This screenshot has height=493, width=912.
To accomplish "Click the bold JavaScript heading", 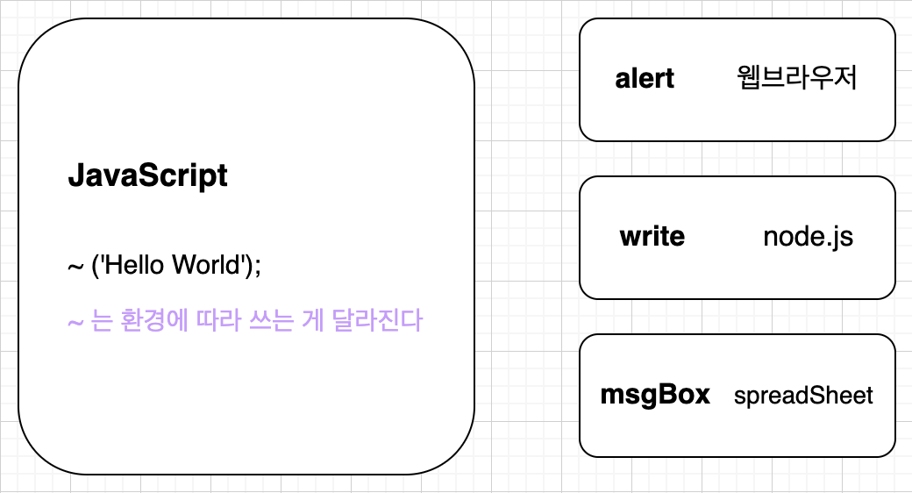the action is (147, 176).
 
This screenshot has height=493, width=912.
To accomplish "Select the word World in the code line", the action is (209, 264).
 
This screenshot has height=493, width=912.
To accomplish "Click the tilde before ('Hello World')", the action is (75, 265).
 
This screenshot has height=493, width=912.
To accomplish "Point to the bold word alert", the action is (645, 79).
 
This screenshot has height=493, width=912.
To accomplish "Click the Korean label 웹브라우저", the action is (797, 79).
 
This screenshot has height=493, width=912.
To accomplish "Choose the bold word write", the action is (652, 237).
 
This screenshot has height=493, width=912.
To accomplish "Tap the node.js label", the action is (808, 237).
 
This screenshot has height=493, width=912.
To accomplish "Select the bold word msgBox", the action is (655, 395).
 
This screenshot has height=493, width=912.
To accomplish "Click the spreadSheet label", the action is (803, 396).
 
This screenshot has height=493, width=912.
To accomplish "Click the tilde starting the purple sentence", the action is (75, 322).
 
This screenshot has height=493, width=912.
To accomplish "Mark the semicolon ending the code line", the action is (258, 266).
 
